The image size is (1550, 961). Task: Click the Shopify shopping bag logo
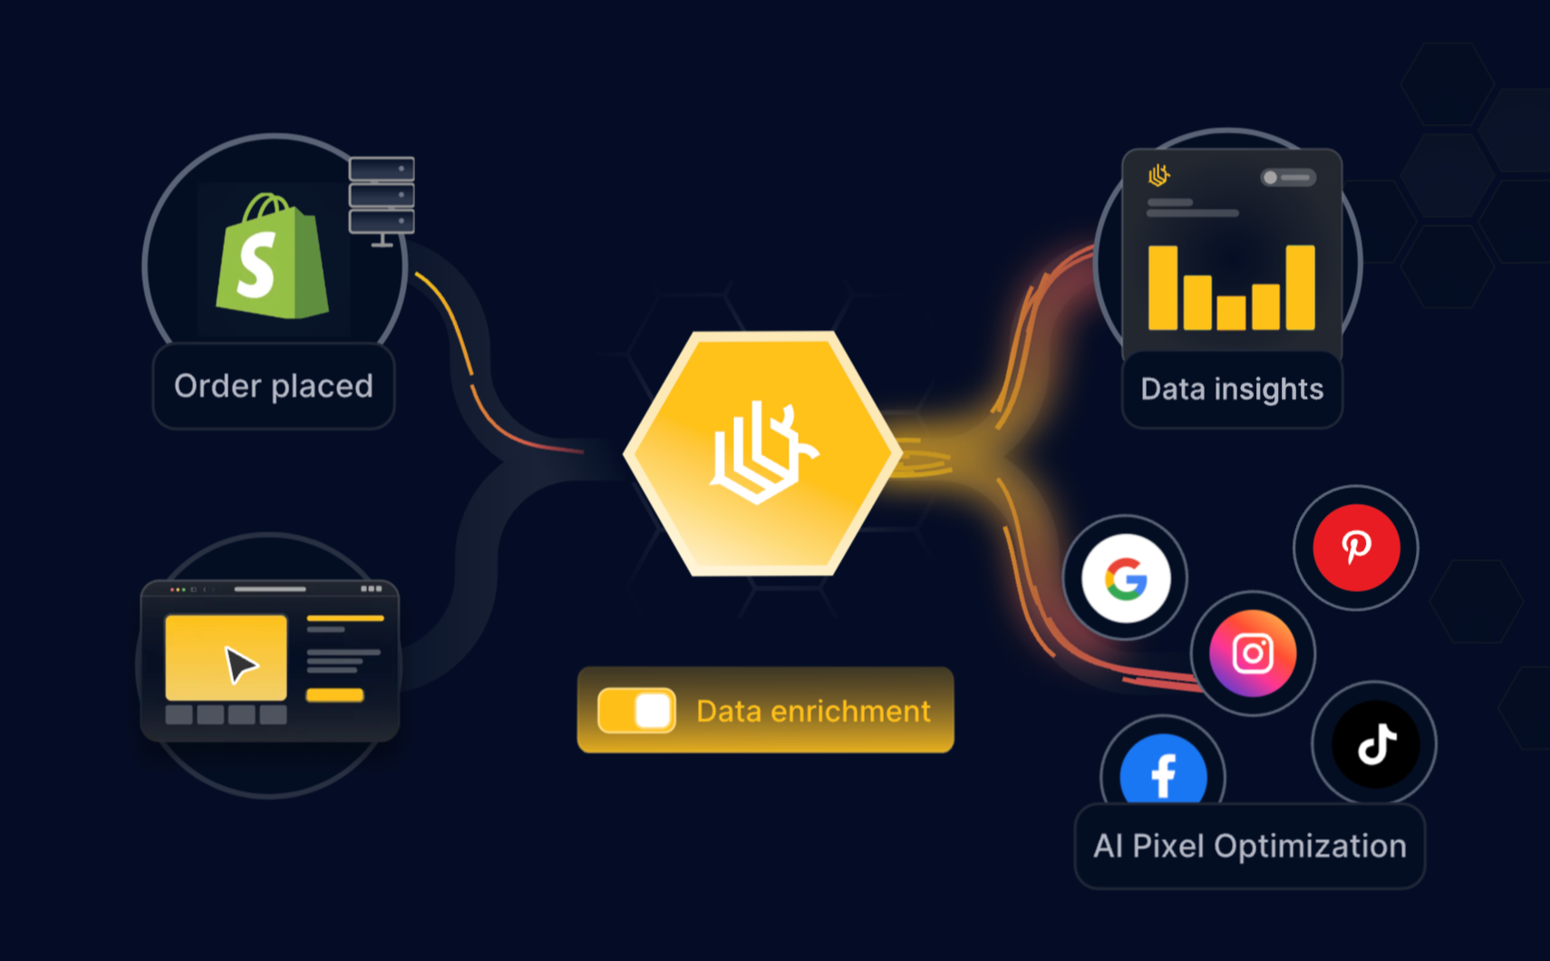271,257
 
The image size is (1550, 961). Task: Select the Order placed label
274,386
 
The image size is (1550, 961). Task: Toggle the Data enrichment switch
636,711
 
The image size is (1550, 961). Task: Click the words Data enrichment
813,712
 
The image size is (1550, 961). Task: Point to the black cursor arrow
240,665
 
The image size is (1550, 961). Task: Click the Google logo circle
1126,578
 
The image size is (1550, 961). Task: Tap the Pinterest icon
1356,548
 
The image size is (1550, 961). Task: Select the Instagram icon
1253,654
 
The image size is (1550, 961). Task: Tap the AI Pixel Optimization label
1249,847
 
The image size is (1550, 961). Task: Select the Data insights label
1232,390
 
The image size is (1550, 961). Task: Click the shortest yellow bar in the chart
1231,313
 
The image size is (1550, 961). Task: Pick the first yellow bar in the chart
1163,287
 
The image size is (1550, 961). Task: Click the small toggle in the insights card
1288,178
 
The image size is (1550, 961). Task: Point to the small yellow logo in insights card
1158,174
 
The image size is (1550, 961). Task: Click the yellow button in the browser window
334,695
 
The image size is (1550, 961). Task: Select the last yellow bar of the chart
1300,287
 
